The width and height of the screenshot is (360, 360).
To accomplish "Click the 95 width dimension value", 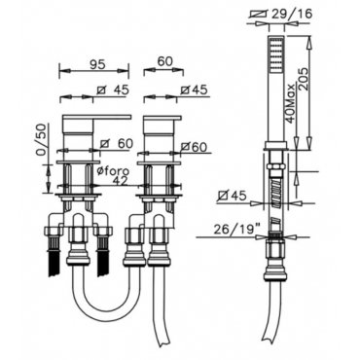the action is coord(98,64).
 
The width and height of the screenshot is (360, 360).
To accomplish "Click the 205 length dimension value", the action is coord(304,81).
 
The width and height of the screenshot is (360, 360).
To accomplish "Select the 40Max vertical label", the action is coord(290,103).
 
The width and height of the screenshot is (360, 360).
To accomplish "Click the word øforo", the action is coord(114,171).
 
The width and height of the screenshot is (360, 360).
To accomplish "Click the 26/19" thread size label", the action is coord(234,230).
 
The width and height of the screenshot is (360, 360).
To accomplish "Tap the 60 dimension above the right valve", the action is coord(164,62).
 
